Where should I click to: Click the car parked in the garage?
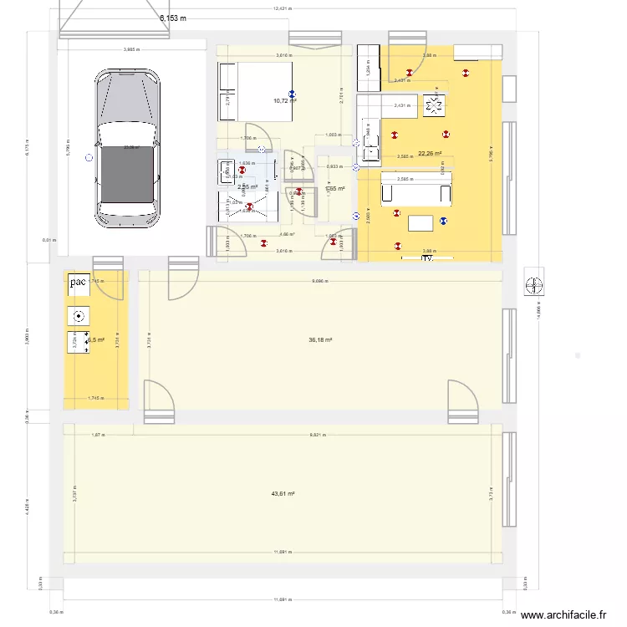pyautogui.click(x=128, y=147)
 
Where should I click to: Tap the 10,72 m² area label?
pyautogui.click(x=285, y=100)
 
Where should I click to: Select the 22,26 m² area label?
pyautogui.click(x=430, y=153)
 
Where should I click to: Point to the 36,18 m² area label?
pyautogui.click(x=320, y=340)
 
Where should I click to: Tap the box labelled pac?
pyautogui.click(x=79, y=283)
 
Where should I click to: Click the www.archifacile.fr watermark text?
pyautogui.click(x=563, y=615)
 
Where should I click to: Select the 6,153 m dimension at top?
pyautogui.click(x=173, y=18)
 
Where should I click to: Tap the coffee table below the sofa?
pyautogui.click(x=421, y=222)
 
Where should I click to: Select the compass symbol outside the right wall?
pyautogui.click(x=533, y=285)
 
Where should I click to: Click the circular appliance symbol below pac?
pyautogui.click(x=79, y=316)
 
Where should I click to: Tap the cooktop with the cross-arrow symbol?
pyautogui.click(x=433, y=106)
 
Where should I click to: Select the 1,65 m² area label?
pyautogui.click(x=335, y=189)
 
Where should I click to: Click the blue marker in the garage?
pyautogui.click(x=85, y=164)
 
